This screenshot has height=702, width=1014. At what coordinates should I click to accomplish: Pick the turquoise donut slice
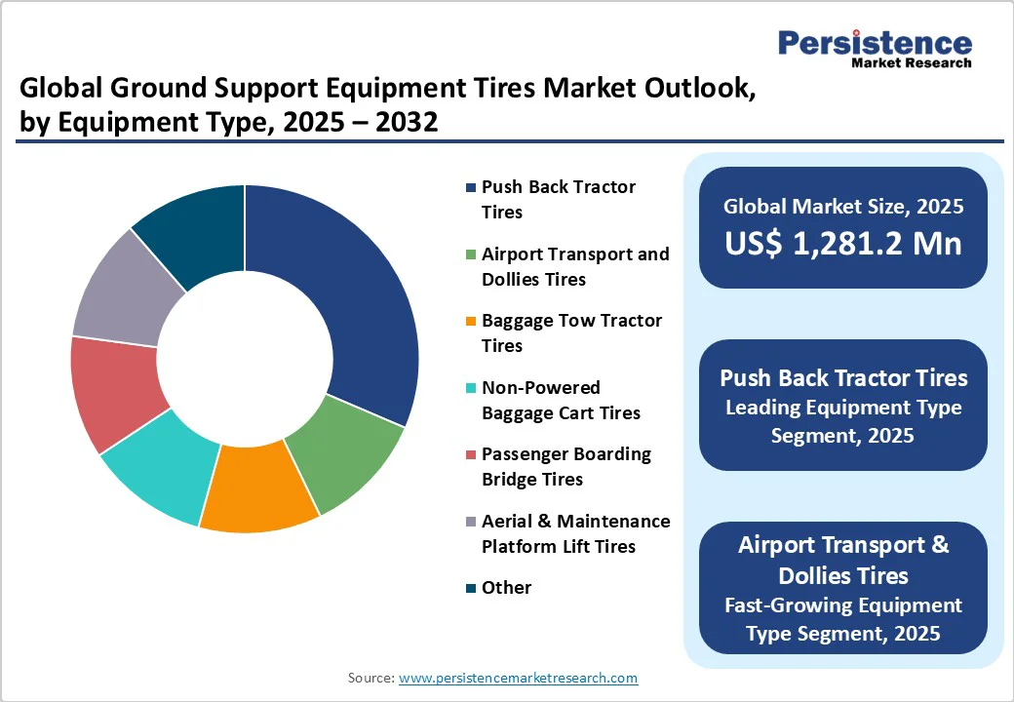coord(156,468)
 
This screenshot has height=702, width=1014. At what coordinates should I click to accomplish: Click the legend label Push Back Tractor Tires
coord(558,199)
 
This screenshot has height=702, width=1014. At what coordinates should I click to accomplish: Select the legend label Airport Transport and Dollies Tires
coord(575,266)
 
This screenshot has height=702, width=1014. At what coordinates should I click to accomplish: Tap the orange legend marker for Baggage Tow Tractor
coord(472,322)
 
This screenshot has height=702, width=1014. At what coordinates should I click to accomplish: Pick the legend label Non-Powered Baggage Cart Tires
coord(561,400)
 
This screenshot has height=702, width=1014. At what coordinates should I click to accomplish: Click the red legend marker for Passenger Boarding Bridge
coord(472,455)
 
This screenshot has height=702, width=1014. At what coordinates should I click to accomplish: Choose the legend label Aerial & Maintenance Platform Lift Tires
coord(575,533)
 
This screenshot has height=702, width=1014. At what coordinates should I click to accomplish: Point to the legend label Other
coord(506,587)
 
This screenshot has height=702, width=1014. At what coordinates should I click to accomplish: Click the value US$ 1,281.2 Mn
coord(842,243)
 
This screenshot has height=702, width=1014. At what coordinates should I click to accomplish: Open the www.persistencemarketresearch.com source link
coord(518,678)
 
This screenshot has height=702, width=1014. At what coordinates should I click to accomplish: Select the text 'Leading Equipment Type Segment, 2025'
coord(842,421)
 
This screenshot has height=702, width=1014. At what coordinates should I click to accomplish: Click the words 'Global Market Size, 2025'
coord(842,206)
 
